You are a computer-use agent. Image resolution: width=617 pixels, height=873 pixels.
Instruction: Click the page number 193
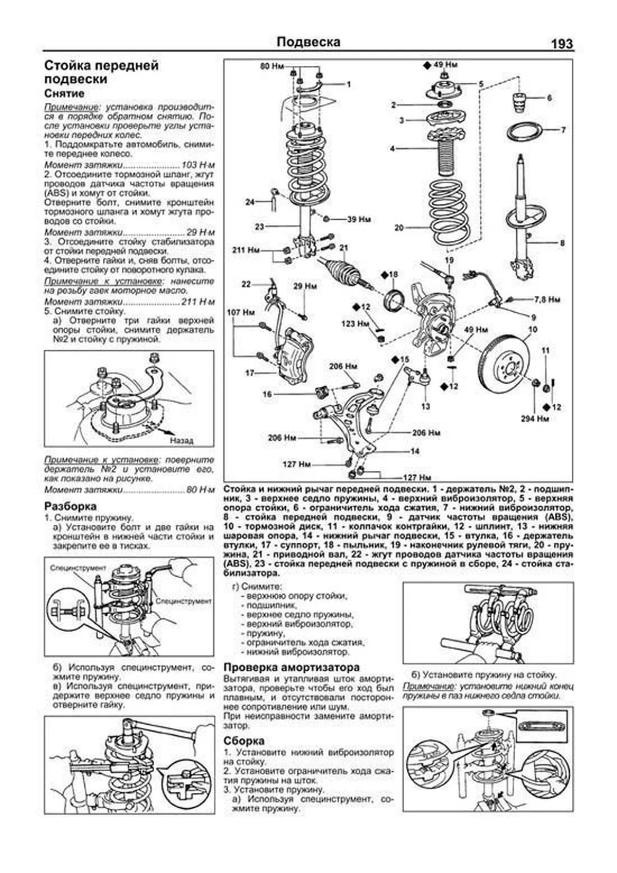tap(561, 44)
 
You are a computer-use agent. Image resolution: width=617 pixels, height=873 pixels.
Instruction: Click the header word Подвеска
tap(308, 41)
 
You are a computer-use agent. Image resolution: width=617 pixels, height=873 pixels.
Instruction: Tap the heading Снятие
tap(64, 94)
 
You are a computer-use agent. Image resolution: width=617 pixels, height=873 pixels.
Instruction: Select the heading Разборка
tap(70, 506)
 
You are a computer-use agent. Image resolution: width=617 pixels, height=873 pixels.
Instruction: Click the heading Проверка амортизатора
tap(292, 667)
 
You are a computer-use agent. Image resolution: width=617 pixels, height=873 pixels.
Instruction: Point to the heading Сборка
tap(244, 741)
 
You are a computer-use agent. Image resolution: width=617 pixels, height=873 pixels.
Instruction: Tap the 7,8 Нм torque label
tap(547, 299)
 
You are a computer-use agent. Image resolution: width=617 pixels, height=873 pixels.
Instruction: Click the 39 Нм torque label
tap(359, 220)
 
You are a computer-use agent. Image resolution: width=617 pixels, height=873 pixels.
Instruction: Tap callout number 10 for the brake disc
tap(532, 329)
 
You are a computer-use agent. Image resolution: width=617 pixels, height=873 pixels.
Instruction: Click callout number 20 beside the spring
tap(400, 228)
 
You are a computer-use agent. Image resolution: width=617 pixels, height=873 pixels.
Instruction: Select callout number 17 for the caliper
tap(250, 373)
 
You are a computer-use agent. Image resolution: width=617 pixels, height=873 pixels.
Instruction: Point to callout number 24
tap(250, 202)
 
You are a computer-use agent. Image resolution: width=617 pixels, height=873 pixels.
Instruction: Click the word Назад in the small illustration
tap(182, 440)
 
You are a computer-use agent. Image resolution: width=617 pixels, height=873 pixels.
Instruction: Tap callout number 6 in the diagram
tap(549, 97)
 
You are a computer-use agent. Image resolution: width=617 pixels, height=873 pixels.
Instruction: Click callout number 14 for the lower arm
tap(414, 451)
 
